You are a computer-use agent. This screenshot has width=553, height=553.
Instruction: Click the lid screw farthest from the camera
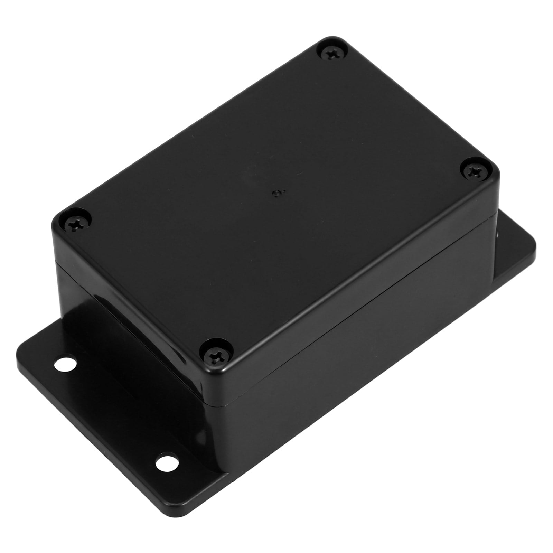(330, 53)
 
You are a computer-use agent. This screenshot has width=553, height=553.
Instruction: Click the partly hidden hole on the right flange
(498, 235)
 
